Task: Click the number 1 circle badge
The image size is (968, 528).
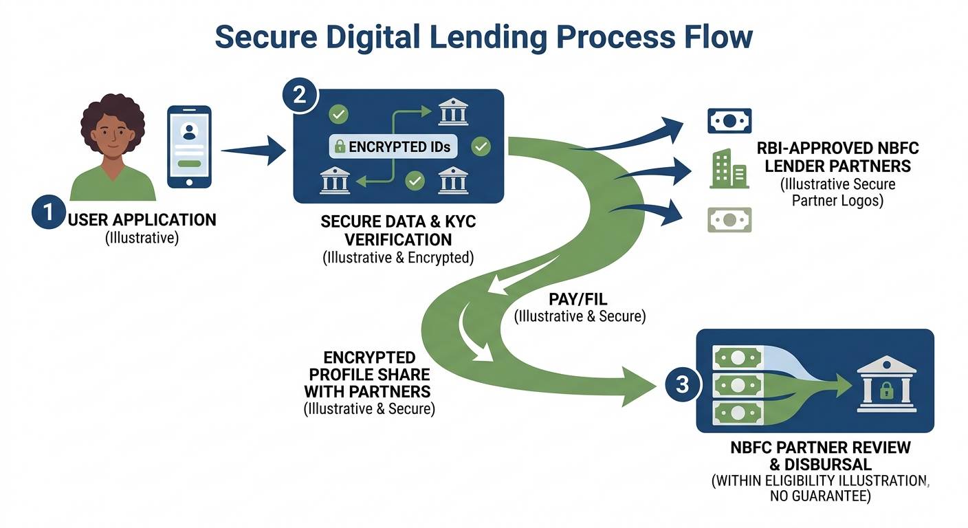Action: pos(47,212)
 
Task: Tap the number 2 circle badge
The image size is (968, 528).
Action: pos(299,96)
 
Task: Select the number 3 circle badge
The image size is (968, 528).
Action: pos(681,384)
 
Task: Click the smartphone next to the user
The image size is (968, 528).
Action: pos(190,147)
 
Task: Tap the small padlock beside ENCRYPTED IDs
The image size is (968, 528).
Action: pos(339,146)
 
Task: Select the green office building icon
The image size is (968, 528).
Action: pos(729,168)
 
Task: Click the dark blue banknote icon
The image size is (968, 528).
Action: pos(729,121)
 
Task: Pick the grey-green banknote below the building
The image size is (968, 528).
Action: pos(729,220)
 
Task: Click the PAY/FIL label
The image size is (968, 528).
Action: pos(579,300)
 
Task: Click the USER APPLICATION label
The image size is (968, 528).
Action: pos(142,220)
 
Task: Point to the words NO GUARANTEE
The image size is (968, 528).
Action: pos(820,496)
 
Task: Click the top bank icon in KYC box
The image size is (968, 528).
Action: pos(453,112)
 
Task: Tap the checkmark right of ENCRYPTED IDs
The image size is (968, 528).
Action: pos(481,146)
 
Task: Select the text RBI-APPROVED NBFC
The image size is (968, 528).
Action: pos(837,148)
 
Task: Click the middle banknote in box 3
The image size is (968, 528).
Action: pos(738,385)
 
